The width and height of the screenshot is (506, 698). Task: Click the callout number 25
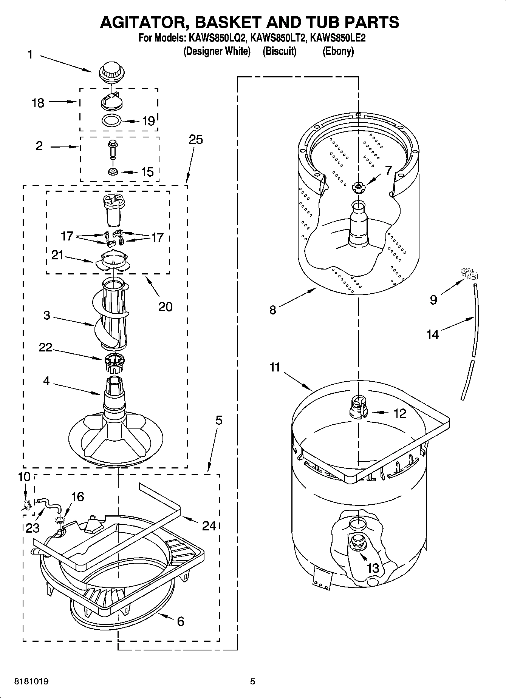click(x=196, y=139)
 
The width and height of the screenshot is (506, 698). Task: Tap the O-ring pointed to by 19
click(x=111, y=121)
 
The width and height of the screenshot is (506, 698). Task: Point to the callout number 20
click(x=165, y=307)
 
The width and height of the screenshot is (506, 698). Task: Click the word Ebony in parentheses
click(x=338, y=51)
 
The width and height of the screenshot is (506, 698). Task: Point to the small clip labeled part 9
click(x=468, y=273)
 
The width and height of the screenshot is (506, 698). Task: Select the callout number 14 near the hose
click(x=433, y=334)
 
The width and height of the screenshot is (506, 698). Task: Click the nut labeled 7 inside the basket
click(x=357, y=186)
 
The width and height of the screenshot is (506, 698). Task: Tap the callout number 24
click(x=209, y=525)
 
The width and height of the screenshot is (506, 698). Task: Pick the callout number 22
click(x=45, y=347)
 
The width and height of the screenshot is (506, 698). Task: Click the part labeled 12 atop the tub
click(x=357, y=406)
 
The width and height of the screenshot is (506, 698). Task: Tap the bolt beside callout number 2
click(x=113, y=150)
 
